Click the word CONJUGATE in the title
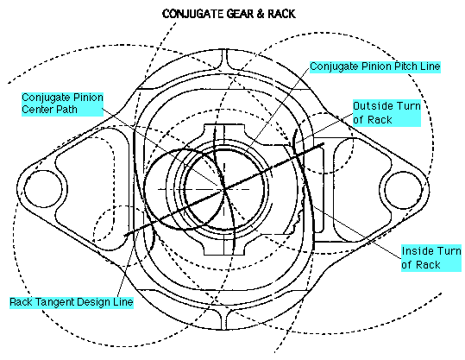[192, 14]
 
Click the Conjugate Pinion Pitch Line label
[375, 66]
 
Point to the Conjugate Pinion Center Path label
[62, 104]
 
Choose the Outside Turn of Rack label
[386, 113]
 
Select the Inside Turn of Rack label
[431, 258]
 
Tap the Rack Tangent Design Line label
[72, 302]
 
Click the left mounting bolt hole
[43, 189]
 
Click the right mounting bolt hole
[404, 189]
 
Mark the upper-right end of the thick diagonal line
[324, 144]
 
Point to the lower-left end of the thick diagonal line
[126, 235]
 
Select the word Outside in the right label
[373, 106]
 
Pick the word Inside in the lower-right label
[417, 251]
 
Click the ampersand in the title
[261, 14]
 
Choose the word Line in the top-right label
[430, 66]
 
